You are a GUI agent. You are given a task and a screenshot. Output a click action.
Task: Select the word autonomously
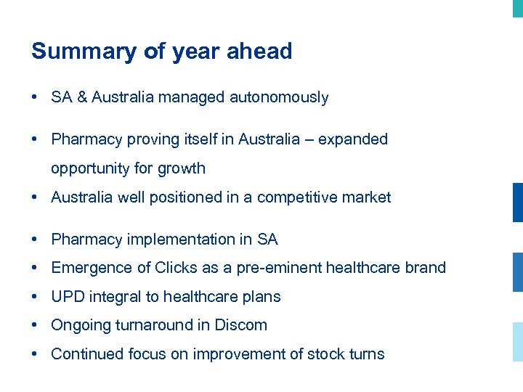click(x=279, y=97)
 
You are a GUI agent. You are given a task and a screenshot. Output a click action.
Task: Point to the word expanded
click(x=353, y=139)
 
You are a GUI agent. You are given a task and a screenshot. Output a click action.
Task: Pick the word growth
click(x=182, y=168)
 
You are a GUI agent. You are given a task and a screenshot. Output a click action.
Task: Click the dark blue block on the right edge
click(x=517, y=203)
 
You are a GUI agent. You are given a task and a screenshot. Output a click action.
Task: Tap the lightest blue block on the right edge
click(x=517, y=342)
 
